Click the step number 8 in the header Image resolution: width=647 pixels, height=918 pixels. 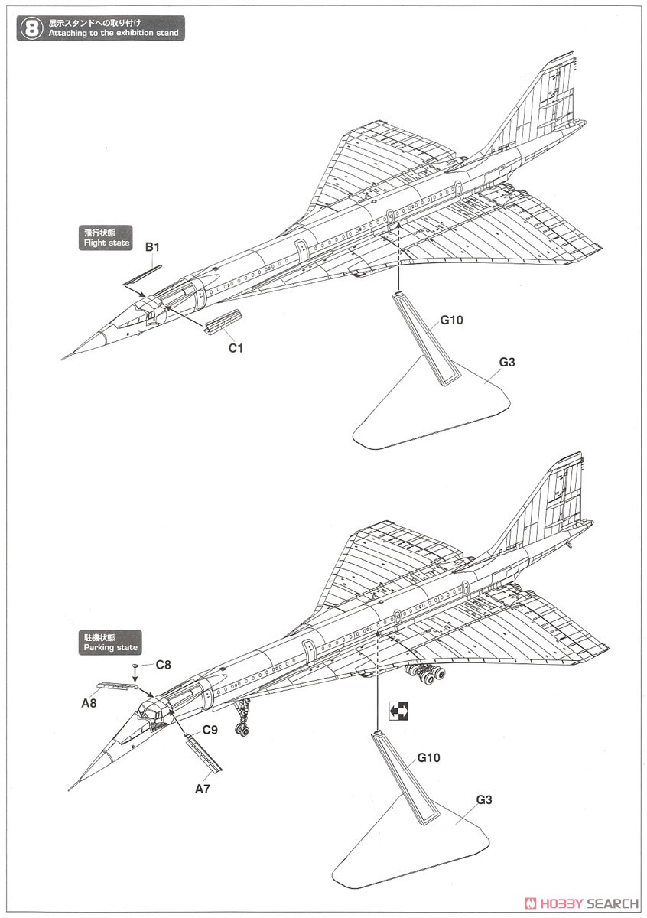[31, 29]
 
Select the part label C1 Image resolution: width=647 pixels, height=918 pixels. [236, 348]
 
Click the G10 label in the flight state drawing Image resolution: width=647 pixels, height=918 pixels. [451, 320]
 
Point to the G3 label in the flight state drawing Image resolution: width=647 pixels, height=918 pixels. [507, 362]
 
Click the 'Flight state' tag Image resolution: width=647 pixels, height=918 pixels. [106, 238]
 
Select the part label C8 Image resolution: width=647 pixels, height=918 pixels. [163, 664]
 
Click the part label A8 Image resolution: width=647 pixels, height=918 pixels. [89, 703]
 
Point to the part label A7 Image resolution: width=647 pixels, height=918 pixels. [203, 789]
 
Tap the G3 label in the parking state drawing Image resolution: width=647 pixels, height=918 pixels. [484, 799]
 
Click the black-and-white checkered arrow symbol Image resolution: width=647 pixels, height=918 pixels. [398, 711]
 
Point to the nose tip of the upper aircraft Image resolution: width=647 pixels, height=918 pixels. [62, 360]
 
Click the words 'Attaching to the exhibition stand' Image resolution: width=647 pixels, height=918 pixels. [113, 33]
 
